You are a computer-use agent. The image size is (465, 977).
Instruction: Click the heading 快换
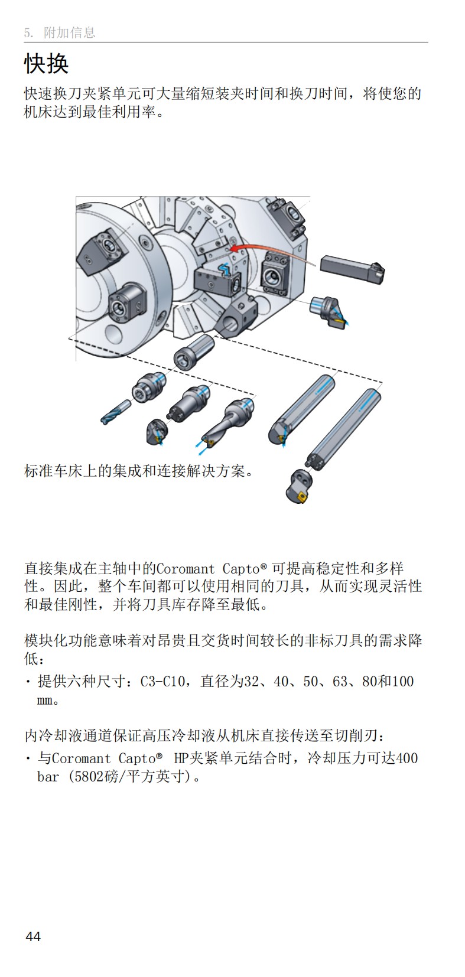46,64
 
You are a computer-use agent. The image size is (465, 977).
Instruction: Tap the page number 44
33,936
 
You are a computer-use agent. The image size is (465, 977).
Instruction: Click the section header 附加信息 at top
69,33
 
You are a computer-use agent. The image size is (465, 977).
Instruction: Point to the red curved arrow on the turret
266,248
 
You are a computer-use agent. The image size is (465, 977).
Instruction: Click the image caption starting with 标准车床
139,471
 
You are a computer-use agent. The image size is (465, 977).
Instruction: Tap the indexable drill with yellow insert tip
227,421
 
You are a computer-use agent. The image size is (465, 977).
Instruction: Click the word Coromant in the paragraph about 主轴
186,569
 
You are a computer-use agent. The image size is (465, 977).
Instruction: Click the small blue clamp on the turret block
224,270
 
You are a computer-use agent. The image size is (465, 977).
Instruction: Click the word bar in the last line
48,776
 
